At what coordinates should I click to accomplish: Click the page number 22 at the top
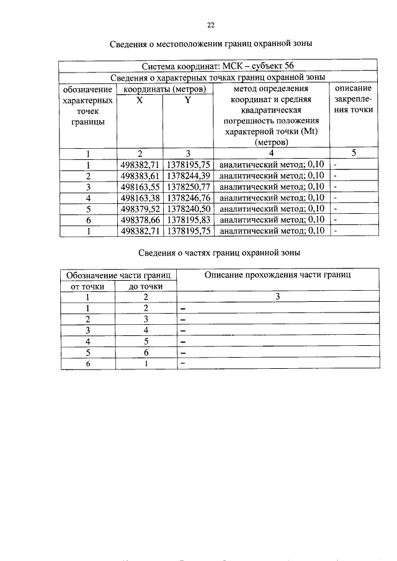210,25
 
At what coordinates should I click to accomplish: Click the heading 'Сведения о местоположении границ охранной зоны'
210,44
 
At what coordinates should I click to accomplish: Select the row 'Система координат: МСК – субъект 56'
218,66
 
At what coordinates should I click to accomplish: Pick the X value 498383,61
140,175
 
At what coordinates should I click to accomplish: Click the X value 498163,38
140,198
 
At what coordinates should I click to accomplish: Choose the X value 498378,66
140,220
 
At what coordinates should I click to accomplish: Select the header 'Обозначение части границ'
118,275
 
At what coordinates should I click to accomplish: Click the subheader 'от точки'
89,286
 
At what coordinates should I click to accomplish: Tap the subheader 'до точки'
146,286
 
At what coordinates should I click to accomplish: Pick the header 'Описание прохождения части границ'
278,275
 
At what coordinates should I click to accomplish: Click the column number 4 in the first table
271,154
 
